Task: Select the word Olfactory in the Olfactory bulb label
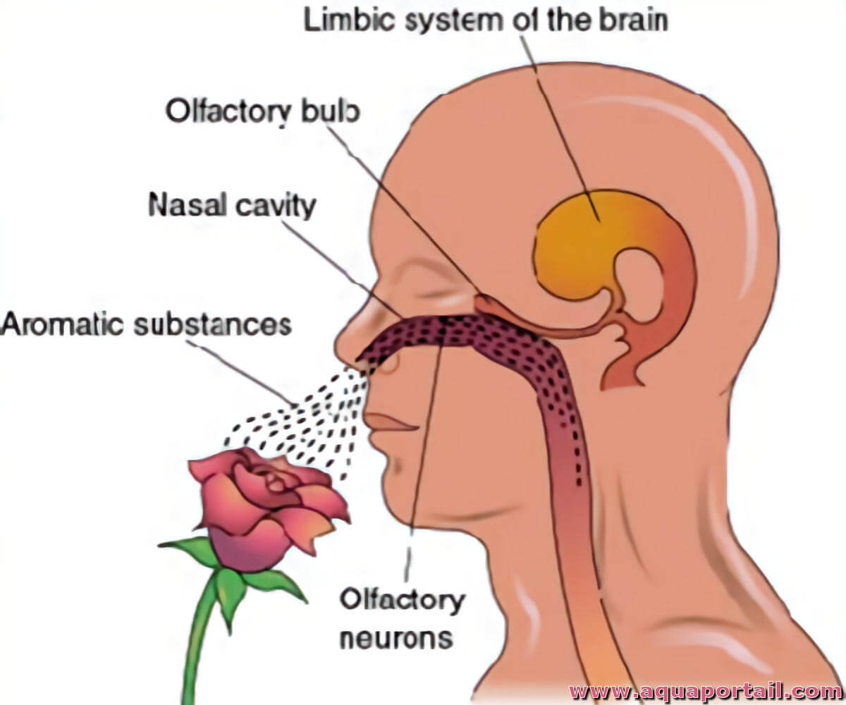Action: pyautogui.click(x=228, y=112)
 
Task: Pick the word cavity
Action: pyautogui.click(x=276, y=207)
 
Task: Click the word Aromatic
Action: pyautogui.click(x=61, y=324)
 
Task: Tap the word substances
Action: pyautogui.click(x=213, y=324)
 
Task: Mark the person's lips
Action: pyautogui.click(x=390, y=424)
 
